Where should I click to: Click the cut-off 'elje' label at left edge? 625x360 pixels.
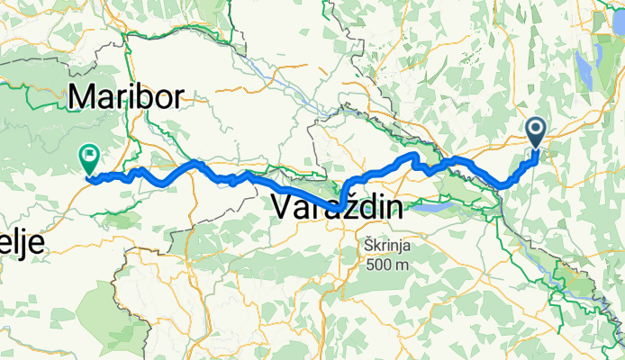coord(22,246)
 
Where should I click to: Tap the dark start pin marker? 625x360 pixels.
coord(536,133)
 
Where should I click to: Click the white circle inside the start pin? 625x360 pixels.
coord(536,129)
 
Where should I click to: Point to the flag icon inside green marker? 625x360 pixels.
coord(90,156)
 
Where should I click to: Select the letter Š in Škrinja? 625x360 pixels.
coord(370,245)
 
